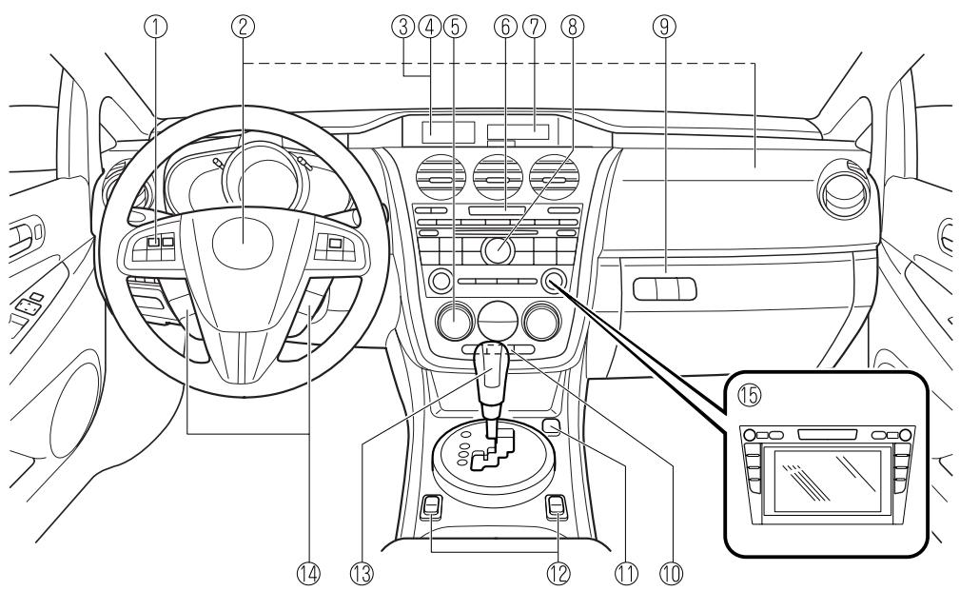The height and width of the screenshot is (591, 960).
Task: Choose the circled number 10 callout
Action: coord(675,572)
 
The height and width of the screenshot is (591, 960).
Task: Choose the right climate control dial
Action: coord(541,321)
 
